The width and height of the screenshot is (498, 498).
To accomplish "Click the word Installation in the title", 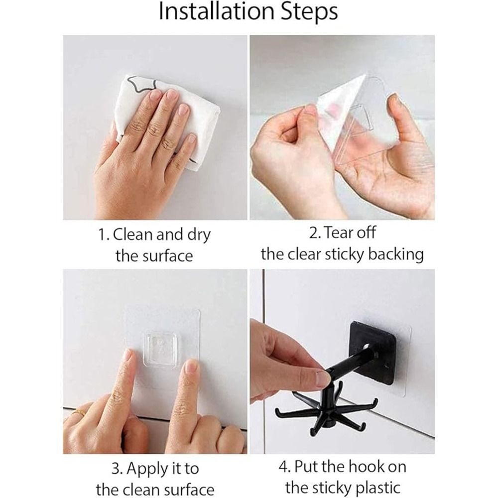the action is pos(216,12).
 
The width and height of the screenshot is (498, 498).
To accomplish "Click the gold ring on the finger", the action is pos(78,412).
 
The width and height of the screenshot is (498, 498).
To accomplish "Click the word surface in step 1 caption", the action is pos(172,256).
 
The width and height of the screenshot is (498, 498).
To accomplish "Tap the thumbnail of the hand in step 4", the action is pos(323,378).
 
